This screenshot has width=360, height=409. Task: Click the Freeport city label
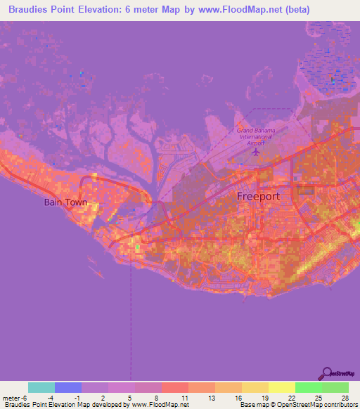[258, 196]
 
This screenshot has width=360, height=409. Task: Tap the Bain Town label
[65, 202]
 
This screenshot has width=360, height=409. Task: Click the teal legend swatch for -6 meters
[41, 387]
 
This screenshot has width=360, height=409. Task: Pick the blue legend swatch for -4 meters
[68, 387]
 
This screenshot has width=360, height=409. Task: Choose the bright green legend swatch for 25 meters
[309, 387]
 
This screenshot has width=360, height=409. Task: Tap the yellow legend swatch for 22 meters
[282, 387]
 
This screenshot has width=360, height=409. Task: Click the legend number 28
[342, 397]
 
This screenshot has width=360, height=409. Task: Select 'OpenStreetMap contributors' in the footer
[320, 405]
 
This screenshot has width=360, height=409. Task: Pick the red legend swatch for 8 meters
[175, 387]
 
